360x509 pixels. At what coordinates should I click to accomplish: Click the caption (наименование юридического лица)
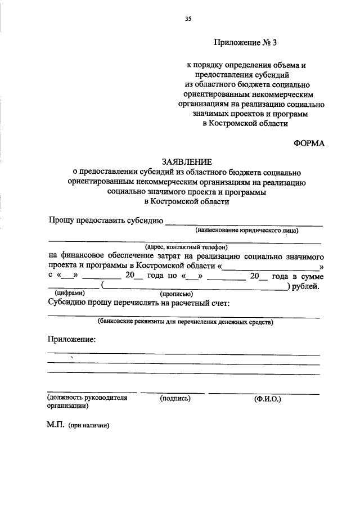click(247, 230)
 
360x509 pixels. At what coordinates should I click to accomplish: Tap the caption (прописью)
click(177, 294)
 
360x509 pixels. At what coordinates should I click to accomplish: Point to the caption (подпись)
click(175, 399)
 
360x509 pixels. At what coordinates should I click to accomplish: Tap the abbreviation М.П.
click(56, 425)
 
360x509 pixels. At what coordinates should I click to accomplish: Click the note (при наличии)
click(89, 426)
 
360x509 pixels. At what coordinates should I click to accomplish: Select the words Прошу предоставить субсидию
click(105, 220)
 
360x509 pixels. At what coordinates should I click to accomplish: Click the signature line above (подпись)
click(172, 392)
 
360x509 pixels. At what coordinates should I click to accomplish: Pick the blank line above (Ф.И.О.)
click(264, 392)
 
